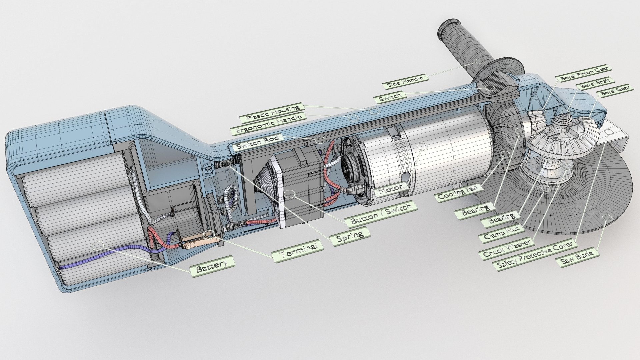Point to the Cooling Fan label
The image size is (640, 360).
coord(457,193)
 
